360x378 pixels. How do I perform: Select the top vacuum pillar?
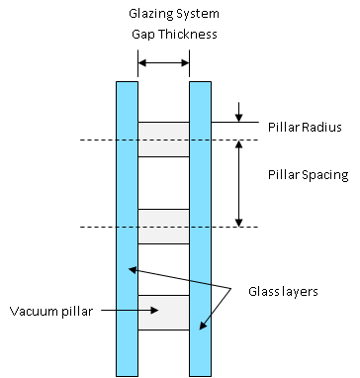point(163,139)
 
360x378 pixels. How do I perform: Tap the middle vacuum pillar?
point(163,227)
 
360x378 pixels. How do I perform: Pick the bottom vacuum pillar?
point(163,313)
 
